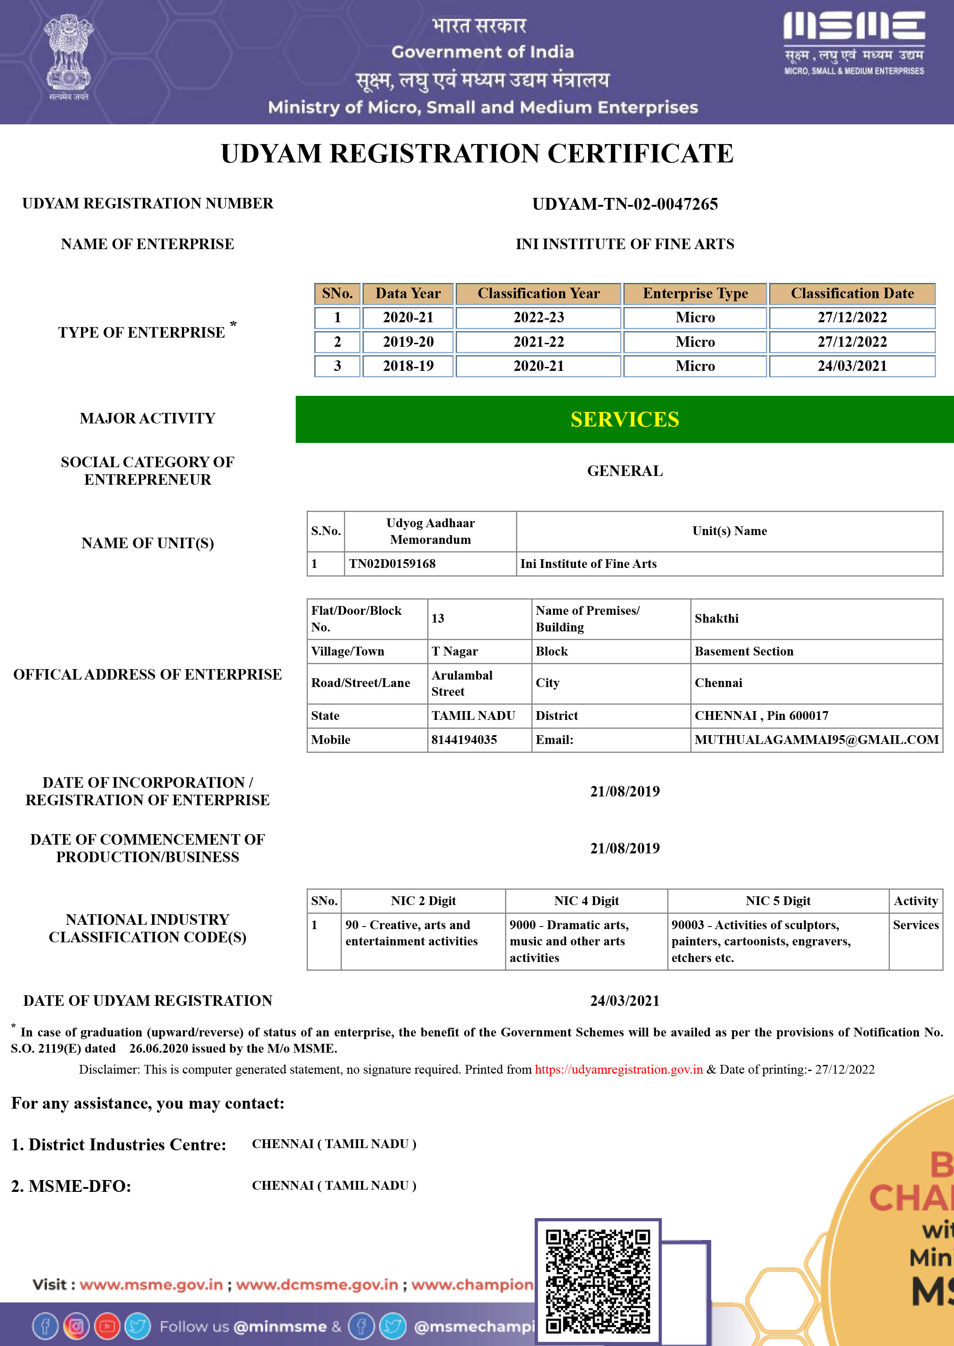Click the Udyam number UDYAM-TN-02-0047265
point(624,204)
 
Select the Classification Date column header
point(852,293)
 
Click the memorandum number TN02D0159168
point(392,564)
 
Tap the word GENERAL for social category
point(624,471)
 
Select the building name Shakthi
point(716,619)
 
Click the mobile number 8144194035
point(464,740)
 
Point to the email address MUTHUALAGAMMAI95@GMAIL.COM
point(816,740)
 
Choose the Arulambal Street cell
point(462,683)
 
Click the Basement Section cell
point(744,652)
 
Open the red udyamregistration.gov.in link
point(619,1070)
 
